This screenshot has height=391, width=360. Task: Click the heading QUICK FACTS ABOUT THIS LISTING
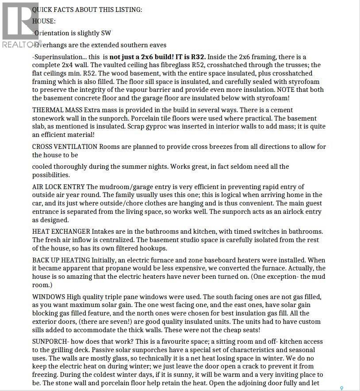(87, 9)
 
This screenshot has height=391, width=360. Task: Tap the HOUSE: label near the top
(44, 21)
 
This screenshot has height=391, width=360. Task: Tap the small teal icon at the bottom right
(341, 388)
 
